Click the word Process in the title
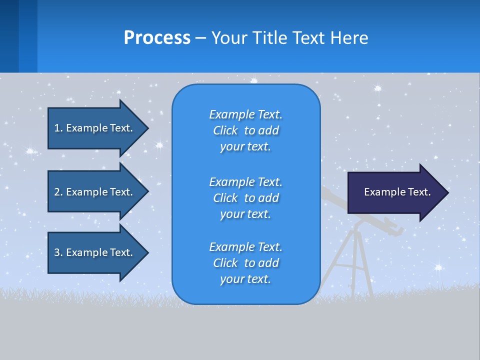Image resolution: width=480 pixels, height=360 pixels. tap(157, 38)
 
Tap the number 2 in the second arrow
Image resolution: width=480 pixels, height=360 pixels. tap(56, 192)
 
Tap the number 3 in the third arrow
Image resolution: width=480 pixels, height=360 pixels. tap(56, 252)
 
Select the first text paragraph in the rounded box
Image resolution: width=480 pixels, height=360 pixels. tap(245, 130)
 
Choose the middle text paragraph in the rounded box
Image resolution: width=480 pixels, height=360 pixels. tap(245, 198)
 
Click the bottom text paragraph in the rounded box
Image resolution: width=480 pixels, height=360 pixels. tap(245, 263)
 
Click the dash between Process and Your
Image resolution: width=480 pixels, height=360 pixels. tap(200, 38)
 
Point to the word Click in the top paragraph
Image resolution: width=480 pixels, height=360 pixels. tap(225, 130)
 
